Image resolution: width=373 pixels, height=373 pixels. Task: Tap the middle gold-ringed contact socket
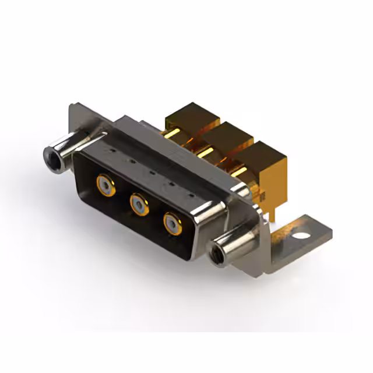click(x=139, y=203)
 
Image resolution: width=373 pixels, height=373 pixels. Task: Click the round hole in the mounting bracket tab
click(x=301, y=237)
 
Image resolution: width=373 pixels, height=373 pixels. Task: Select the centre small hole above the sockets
click(x=151, y=172)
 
